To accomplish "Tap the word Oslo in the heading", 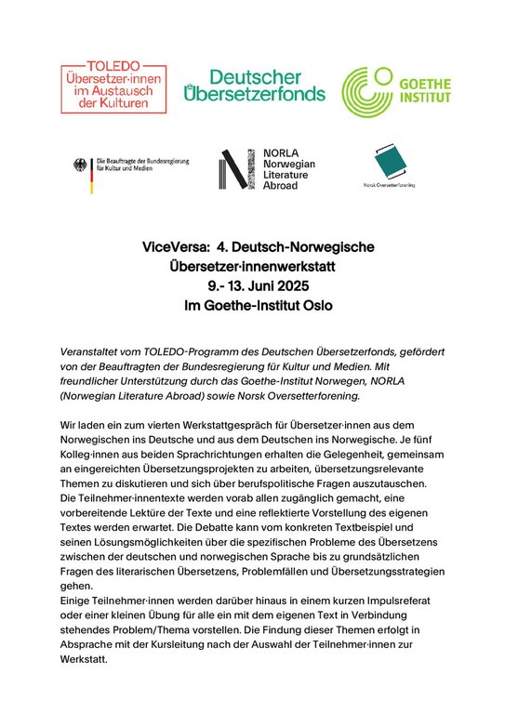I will [313, 305].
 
